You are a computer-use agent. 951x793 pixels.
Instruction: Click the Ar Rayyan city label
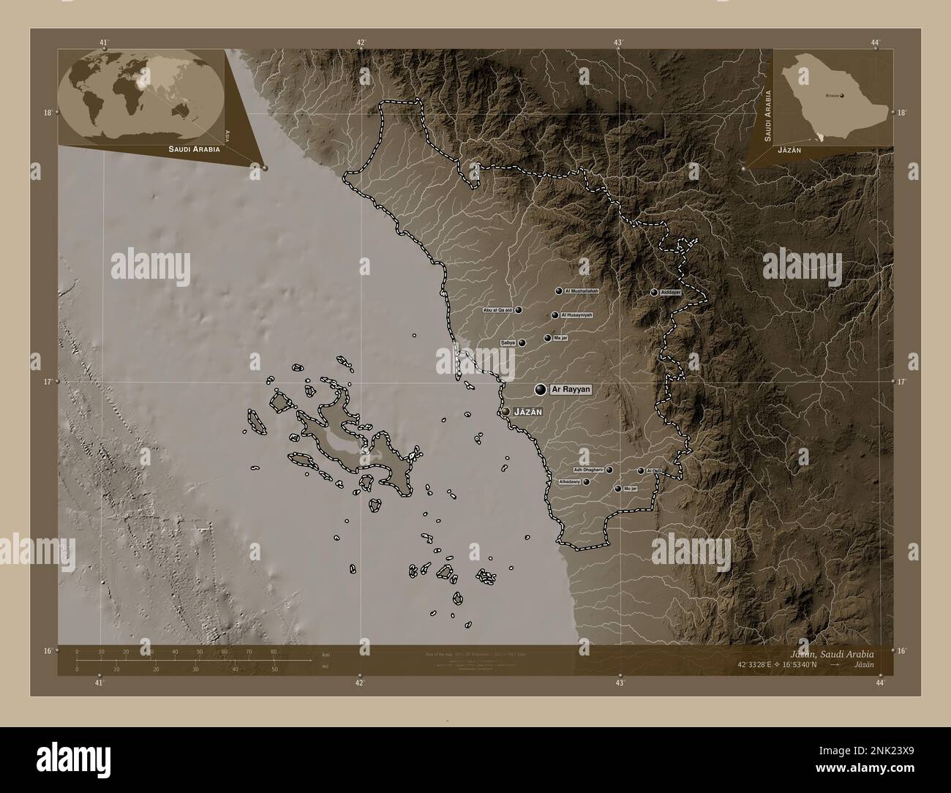pos(571,390)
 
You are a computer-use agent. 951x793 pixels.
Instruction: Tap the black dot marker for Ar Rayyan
pos(541,390)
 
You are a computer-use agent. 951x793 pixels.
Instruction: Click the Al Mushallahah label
pos(582,291)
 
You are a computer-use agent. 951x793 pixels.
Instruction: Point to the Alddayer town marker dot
pos(654,293)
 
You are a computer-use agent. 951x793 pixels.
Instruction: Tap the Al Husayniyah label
pos(576,315)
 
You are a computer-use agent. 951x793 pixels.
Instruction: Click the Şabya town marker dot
pos(522,342)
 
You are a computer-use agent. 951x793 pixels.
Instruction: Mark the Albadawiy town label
pos(570,482)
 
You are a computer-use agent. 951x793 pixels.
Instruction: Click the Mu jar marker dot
pos(617,488)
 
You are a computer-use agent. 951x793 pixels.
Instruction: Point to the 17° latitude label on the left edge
pos(47,382)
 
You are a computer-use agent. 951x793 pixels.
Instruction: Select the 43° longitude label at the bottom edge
pos(620,683)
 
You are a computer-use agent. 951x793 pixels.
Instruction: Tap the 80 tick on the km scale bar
pos(274,651)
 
